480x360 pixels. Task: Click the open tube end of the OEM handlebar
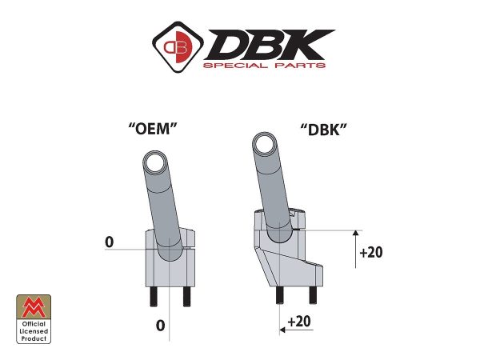click(153, 166)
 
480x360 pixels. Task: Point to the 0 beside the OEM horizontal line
click(108, 242)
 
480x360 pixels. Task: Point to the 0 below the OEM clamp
click(160, 325)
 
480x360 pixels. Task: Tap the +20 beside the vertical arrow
click(371, 252)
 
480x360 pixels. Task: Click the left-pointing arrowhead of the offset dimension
click(282, 328)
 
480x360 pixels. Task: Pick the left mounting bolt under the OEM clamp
click(152, 295)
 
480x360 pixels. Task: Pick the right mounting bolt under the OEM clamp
click(186, 295)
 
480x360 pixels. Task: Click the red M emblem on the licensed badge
click(34, 306)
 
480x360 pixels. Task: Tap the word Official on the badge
click(34, 323)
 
